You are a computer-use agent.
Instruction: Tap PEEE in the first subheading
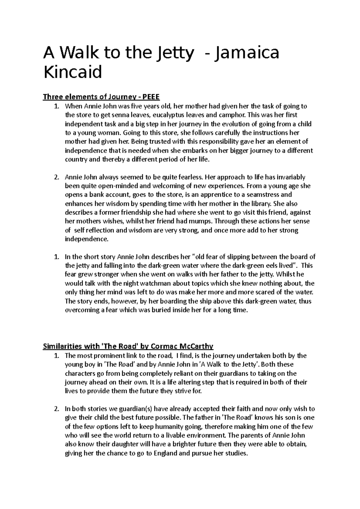coord(151,97)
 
